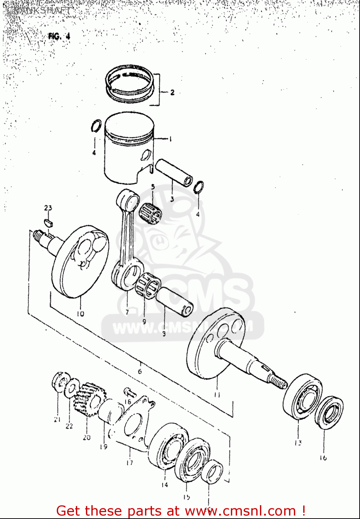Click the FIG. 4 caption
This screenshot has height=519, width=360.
click(59, 36)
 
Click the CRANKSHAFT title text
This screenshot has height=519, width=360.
click(39, 10)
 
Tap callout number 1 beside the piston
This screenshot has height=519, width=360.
click(170, 139)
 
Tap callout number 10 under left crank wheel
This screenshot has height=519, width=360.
click(80, 314)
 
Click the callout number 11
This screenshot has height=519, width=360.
click(217, 395)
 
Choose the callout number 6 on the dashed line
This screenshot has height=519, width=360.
click(140, 371)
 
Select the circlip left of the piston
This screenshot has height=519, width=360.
click(96, 126)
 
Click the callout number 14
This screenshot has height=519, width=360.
click(164, 485)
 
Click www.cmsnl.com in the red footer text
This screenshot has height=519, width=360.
click(240, 511)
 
